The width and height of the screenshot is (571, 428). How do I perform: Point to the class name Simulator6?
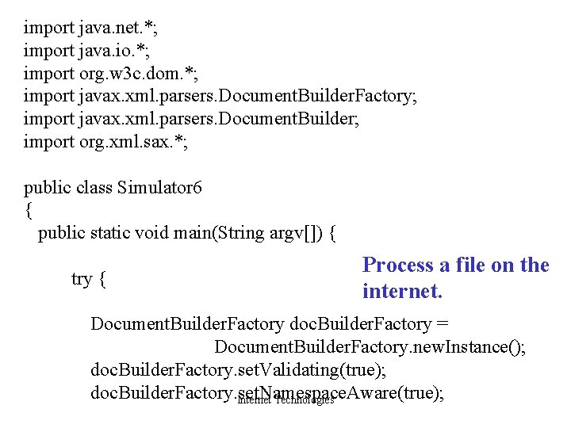(x=159, y=188)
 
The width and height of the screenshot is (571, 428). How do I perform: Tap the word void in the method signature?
(x=156, y=233)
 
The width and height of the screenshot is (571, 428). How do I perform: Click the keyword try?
(x=82, y=279)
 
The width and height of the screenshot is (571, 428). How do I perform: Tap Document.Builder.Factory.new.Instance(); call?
(x=370, y=347)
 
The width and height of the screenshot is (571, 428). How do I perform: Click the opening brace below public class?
(x=29, y=211)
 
